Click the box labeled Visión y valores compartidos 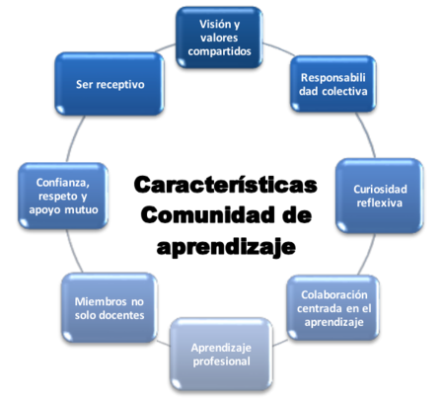tap(219, 38)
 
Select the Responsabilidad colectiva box tap(333, 84)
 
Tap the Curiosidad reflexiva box tap(379, 196)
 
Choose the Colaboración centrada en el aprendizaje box tap(333, 308)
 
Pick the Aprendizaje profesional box tap(221, 355)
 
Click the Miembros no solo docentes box tap(110, 308)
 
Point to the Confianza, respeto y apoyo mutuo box tap(63, 196)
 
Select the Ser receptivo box tap(110, 84)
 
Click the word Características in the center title tap(226, 185)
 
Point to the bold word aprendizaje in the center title tap(226, 247)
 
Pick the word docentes tap(121, 315)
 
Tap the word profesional tap(222, 362)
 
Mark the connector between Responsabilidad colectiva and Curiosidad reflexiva tap(367, 134)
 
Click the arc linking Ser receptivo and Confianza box tap(74, 138)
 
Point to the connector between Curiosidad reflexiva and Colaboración tap(368, 255)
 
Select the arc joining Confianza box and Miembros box tap(73, 251)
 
